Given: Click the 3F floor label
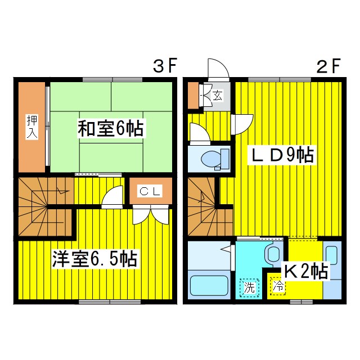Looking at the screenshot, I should coord(165,66).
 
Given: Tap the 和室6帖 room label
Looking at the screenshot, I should coord(110,129).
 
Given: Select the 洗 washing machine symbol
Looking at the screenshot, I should coord(249,287).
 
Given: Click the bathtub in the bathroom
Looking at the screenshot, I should coord(208,286).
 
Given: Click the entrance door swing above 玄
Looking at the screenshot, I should coord(218,70).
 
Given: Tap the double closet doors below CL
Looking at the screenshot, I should coord(150,214).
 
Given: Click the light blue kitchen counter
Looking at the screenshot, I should coord(332,270).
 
